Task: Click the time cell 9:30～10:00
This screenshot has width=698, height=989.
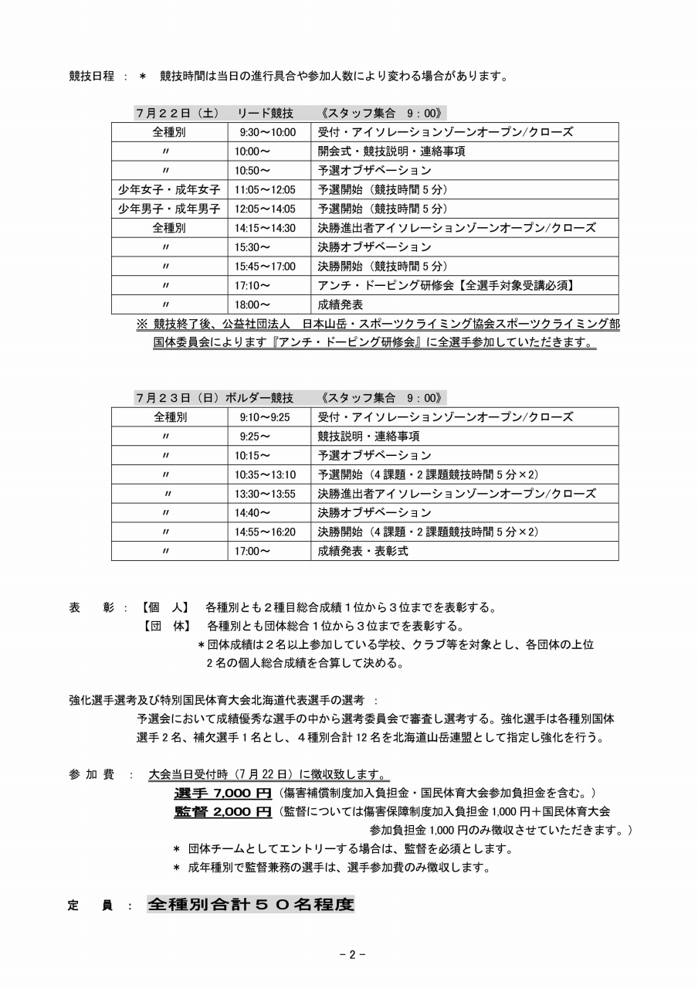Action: click(x=267, y=132)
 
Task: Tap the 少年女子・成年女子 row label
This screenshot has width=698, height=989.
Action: click(x=169, y=189)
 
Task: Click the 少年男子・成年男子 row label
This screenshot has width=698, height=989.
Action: click(x=169, y=209)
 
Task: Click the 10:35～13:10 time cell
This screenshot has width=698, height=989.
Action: click(x=266, y=474)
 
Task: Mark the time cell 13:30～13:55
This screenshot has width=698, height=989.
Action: click(x=266, y=494)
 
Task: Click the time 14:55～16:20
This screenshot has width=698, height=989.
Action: click(x=266, y=532)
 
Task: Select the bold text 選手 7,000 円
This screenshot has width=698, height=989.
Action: click(x=222, y=793)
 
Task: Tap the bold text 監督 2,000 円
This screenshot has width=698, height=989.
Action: click(x=222, y=811)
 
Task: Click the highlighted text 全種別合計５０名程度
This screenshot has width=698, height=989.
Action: click(x=251, y=904)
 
